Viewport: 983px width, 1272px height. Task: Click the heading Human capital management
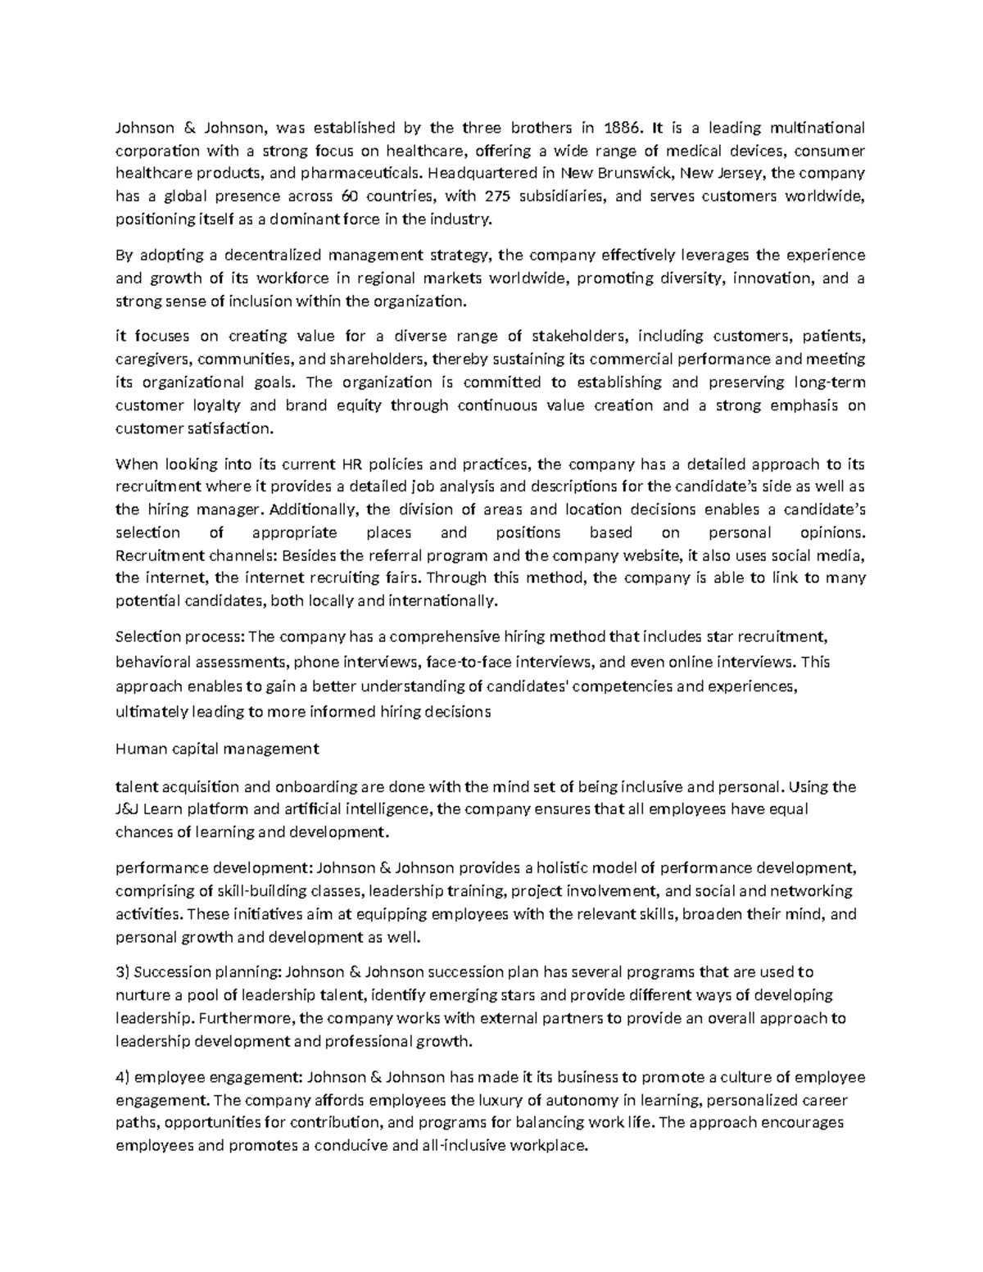coord(217,748)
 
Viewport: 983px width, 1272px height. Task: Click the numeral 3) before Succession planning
coord(123,972)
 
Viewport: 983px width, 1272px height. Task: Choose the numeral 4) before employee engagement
coord(123,1077)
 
